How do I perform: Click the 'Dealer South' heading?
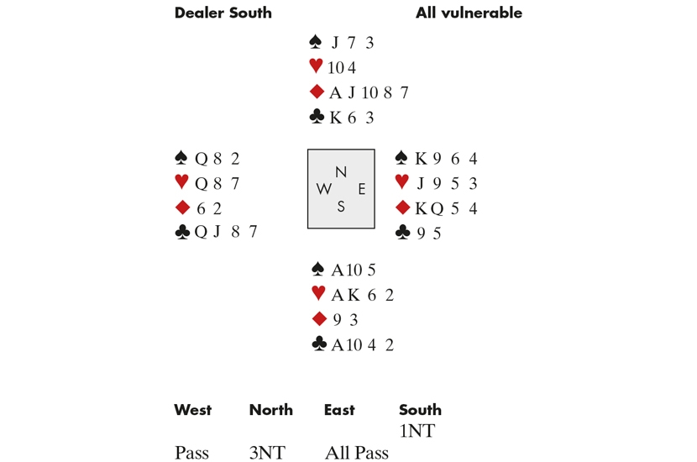[223, 13]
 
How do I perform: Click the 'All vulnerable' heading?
[469, 13]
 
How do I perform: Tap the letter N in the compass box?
[341, 172]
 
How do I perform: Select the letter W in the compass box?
[323, 190]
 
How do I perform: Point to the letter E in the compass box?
[362, 190]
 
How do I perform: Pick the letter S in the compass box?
[341, 207]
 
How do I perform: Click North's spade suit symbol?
[317, 42]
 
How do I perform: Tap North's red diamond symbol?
[317, 92]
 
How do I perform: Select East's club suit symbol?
[403, 233]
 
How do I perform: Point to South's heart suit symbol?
[317, 294]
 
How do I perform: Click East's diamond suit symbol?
[402, 208]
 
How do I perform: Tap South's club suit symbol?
[317, 344]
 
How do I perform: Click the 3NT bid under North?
[267, 454]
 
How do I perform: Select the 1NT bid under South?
[417, 432]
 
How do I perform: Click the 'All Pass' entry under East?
[356, 454]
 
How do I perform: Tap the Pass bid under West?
[191, 454]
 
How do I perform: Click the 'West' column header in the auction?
[192, 410]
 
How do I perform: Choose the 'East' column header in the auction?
[339, 410]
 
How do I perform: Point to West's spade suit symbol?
[181, 158]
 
